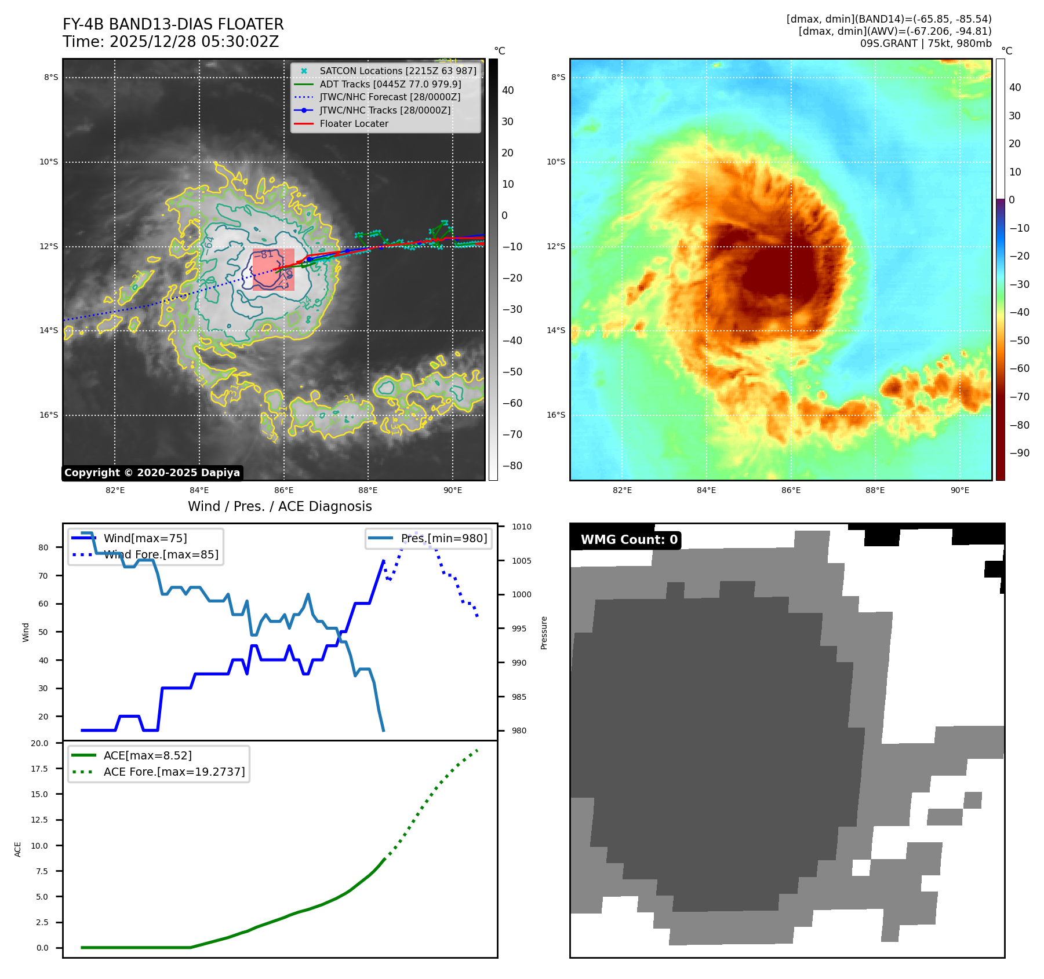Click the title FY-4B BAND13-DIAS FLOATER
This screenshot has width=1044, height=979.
(x=173, y=24)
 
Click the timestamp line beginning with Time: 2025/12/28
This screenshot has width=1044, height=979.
(x=170, y=42)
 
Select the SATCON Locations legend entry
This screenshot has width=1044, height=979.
(x=398, y=71)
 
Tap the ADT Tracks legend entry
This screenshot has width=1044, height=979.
(x=390, y=84)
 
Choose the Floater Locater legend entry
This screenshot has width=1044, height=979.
(x=354, y=123)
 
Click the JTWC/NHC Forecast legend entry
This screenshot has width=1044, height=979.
(x=390, y=97)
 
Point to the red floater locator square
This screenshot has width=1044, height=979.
(x=274, y=269)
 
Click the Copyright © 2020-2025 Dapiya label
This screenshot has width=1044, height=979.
(x=152, y=473)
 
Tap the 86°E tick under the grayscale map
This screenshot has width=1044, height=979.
(x=283, y=490)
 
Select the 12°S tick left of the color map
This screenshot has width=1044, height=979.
(x=556, y=247)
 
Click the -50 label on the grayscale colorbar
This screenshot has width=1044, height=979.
(x=512, y=372)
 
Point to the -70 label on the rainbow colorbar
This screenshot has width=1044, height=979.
(x=1019, y=397)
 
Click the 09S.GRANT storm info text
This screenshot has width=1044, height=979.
(x=925, y=43)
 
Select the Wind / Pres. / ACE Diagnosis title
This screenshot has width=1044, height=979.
(x=279, y=506)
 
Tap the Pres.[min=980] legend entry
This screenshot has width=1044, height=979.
(x=443, y=538)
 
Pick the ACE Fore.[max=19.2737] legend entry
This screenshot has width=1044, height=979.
(x=174, y=772)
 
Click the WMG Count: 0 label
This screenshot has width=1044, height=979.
(x=629, y=540)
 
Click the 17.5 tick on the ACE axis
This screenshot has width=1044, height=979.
(x=39, y=769)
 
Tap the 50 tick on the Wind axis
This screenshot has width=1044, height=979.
(x=43, y=632)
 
